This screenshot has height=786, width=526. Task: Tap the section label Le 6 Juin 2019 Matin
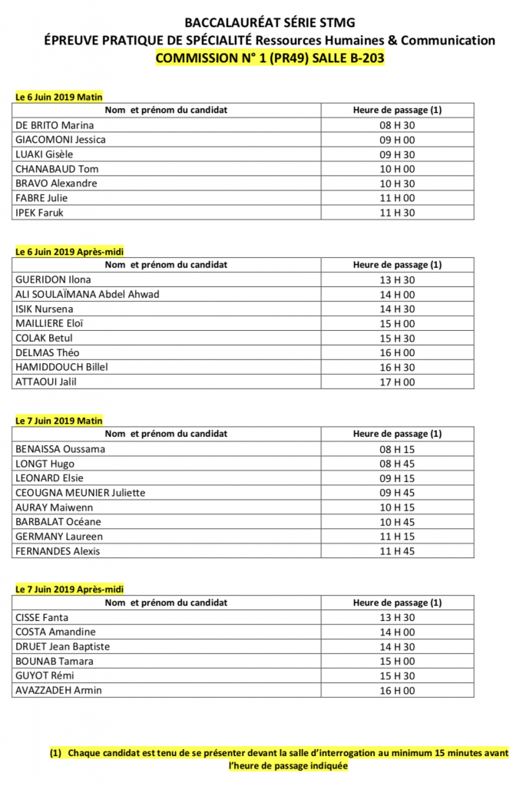point(59,97)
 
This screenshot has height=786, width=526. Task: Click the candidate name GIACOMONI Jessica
point(61,140)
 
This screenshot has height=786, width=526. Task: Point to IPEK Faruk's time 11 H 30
point(397,213)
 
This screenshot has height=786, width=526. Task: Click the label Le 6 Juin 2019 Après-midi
point(70,251)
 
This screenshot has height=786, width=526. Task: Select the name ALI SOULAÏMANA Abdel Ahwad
point(88,294)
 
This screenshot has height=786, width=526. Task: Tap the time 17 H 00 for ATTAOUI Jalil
point(397,381)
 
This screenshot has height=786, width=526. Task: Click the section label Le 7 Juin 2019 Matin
point(59,421)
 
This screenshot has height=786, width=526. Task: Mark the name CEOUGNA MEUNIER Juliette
point(81,493)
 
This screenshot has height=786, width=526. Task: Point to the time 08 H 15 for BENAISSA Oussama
point(397,449)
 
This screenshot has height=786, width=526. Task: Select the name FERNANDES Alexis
point(58,551)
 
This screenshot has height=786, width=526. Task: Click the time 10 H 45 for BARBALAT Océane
point(397,522)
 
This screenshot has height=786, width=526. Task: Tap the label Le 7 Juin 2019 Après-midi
point(70,589)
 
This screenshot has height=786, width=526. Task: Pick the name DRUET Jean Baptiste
point(63,646)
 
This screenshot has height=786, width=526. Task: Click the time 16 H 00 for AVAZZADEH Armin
point(397,690)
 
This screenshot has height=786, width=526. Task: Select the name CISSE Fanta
point(41,617)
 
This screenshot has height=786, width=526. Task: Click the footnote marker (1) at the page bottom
point(56,753)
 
